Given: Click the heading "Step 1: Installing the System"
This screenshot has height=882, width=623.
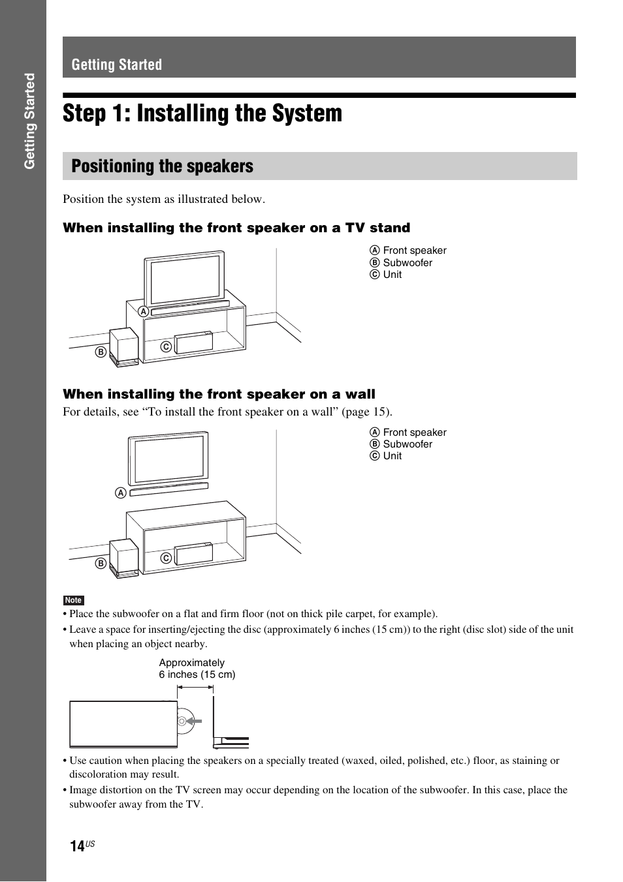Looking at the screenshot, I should tap(202, 114).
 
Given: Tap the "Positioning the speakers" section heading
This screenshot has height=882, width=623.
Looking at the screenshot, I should tap(163, 166).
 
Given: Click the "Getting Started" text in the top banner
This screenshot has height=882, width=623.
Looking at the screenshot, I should tap(117, 65).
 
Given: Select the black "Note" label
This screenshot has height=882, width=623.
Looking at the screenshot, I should tap(73, 600).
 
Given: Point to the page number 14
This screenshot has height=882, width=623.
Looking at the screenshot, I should tap(77, 846).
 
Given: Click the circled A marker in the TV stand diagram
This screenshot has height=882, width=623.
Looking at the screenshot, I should tap(143, 312).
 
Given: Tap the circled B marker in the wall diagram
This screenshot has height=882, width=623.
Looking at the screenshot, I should tap(101, 564).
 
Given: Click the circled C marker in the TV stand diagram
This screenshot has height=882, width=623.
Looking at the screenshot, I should tap(166, 347).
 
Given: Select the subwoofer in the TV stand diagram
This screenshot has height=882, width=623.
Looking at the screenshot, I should tap(123, 346).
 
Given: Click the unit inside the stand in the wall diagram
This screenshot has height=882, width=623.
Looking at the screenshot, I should tap(193, 554).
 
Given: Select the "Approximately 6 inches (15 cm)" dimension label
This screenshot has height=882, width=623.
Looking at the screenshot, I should tap(197, 669).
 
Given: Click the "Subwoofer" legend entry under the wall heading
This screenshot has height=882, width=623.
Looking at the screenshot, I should tap(407, 444).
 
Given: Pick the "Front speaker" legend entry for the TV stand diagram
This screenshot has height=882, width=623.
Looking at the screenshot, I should tap(415, 251).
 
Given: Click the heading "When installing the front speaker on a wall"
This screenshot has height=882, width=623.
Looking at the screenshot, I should tap(219, 394).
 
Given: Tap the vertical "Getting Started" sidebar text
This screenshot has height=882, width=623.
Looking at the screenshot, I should tap(29, 121).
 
